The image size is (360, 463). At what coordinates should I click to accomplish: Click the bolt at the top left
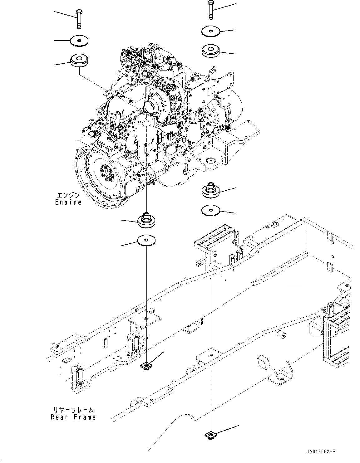tap(79, 19)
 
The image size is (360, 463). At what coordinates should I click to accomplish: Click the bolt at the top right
tap(210, 10)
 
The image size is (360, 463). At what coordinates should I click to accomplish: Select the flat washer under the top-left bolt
tap(79, 41)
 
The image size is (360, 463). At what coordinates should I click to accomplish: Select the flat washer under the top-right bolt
tap(210, 31)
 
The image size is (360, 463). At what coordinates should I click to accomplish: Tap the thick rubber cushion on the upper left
tap(79, 60)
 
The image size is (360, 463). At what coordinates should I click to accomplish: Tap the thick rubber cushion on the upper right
tap(210, 51)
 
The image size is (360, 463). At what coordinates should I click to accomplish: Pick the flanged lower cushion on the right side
tap(210, 190)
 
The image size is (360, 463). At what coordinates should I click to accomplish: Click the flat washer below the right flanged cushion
tap(210, 211)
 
